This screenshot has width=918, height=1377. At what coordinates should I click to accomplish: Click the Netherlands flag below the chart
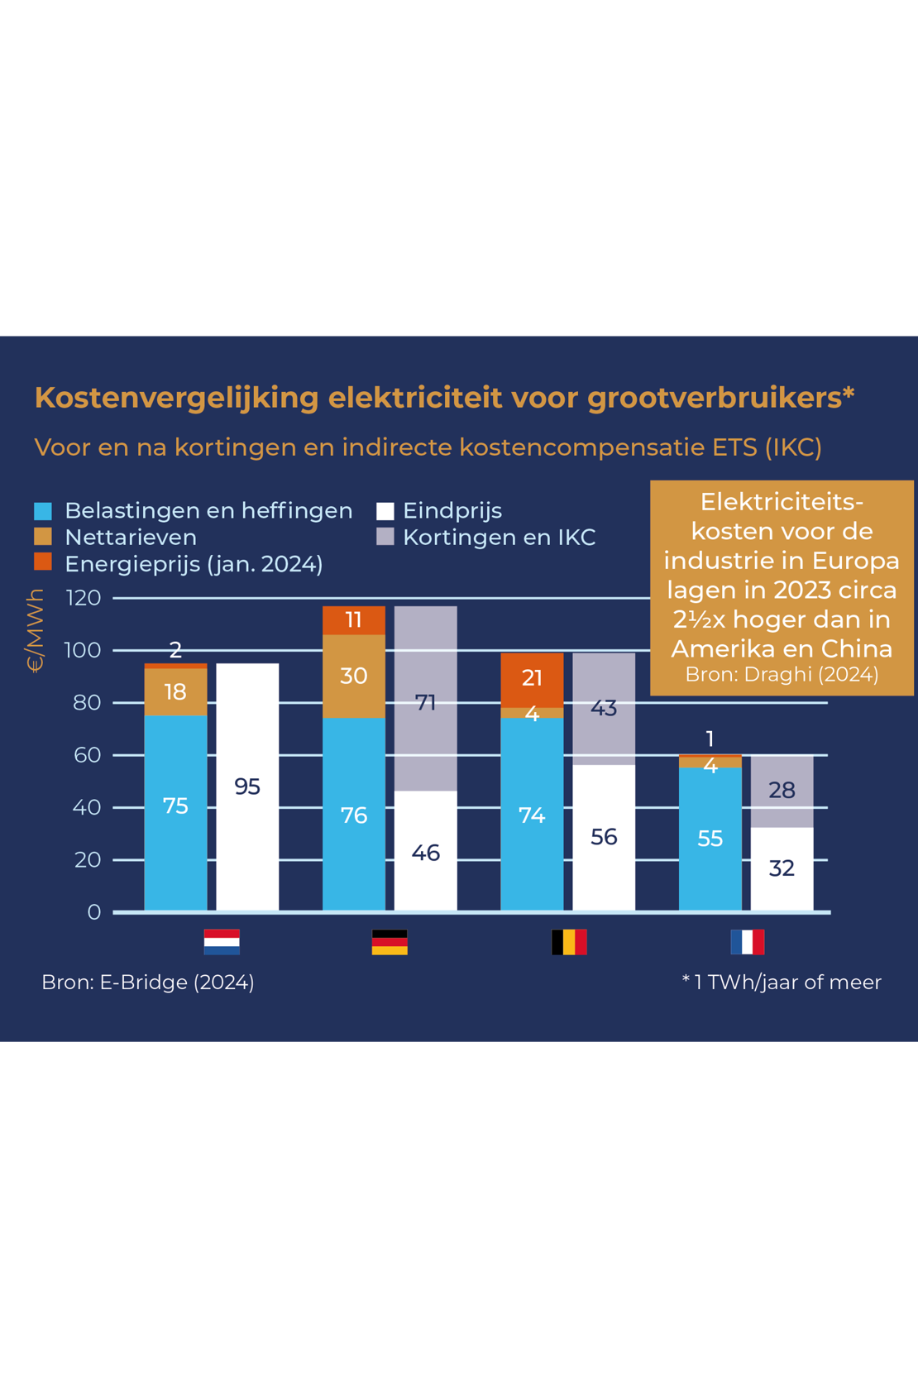point(222,942)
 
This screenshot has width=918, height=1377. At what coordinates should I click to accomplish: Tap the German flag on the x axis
point(390,942)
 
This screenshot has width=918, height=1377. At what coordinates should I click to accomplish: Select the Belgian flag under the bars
point(569,942)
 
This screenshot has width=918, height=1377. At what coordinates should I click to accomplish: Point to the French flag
point(748,942)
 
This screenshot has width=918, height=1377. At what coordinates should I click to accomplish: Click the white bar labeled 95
point(247,786)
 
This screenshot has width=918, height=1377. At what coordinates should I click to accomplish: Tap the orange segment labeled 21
point(532,679)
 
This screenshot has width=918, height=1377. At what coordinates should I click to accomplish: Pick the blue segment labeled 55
point(710,838)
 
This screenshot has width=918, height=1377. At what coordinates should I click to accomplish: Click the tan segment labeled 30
point(353,676)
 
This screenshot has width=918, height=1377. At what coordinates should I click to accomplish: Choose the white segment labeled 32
point(782,868)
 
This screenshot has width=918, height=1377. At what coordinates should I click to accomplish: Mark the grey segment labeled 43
point(604,709)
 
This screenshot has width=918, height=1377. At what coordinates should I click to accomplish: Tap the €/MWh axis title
point(35,630)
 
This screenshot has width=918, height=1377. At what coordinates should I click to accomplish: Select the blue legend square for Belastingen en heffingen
point(43,511)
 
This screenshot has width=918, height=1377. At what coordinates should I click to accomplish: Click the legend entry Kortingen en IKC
point(499,538)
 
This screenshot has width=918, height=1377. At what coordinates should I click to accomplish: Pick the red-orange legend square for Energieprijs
point(43,563)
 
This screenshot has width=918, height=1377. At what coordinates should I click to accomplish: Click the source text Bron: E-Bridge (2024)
point(148,982)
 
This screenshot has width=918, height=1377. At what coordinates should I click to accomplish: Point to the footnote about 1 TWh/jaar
point(782,982)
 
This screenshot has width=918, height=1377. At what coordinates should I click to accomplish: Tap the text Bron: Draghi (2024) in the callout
point(782,674)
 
